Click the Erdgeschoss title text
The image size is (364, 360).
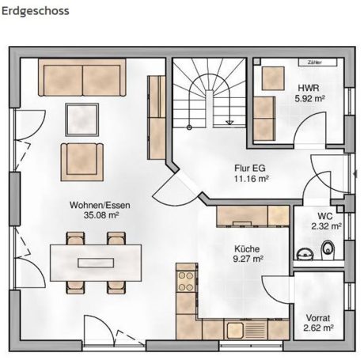coord(35,11)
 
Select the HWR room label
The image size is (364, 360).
coord(308,89)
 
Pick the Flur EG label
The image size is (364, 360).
coord(250,169)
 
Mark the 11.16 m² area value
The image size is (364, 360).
coord(251,180)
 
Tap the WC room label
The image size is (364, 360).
coord(325,215)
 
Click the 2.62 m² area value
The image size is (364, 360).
coord(318,327)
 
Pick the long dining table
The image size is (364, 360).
coord(97,259)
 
